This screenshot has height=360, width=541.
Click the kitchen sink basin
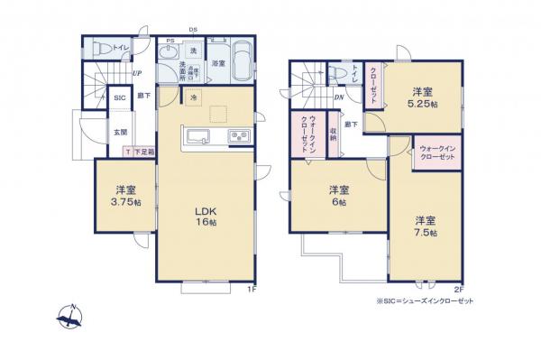(199, 137)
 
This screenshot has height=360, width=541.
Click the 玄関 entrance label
(119, 132)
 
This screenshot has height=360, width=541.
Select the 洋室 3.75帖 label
(126, 196)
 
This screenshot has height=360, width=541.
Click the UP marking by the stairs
(136, 73)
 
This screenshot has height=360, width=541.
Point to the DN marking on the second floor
(338, 97)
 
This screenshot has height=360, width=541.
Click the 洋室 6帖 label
(338, 195)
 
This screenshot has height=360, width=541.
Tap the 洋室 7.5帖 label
(426, 226)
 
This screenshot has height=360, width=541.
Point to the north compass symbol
(70, 317)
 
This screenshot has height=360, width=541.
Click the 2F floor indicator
(458, 289)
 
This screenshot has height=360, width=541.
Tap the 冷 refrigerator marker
(193, 98)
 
